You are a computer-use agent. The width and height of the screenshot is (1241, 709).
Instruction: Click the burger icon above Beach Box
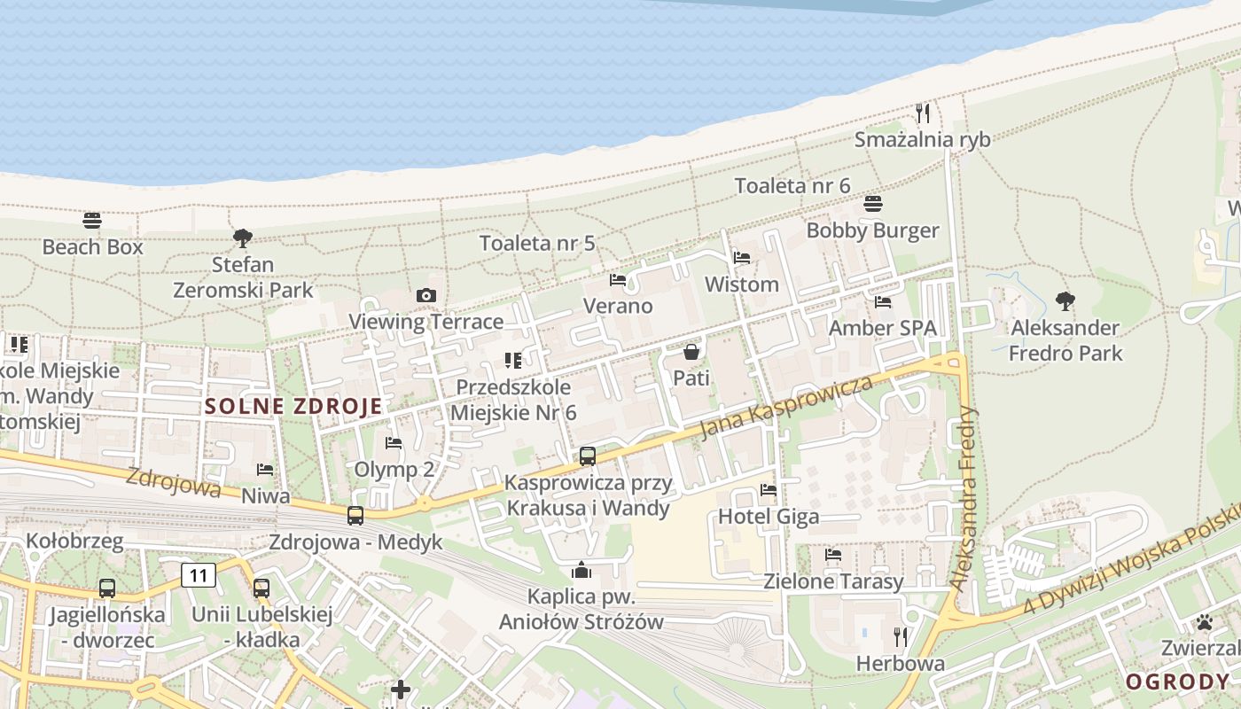92,220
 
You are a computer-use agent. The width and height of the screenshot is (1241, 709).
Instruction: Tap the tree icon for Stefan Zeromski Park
242,238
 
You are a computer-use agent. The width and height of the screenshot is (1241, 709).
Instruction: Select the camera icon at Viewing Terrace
426,295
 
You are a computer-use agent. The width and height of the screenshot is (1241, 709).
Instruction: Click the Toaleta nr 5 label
537,243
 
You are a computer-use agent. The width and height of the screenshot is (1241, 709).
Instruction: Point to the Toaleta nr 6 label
792,186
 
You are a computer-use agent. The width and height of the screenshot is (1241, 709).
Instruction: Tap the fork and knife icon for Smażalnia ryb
923,113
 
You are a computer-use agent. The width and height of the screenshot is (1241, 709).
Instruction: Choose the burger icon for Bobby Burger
873,204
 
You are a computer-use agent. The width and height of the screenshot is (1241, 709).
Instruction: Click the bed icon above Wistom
742,258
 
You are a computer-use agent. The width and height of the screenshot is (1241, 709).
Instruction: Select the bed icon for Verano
618,280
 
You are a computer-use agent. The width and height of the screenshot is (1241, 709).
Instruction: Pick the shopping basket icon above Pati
691,352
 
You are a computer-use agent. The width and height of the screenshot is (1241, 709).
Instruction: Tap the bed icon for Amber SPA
883,302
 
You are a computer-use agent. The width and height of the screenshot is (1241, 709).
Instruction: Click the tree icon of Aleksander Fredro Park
1065,301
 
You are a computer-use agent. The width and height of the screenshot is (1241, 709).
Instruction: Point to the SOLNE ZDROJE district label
293,407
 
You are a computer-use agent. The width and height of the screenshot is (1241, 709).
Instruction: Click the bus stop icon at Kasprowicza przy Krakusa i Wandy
588,456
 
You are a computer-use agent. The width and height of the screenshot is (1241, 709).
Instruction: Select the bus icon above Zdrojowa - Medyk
355,515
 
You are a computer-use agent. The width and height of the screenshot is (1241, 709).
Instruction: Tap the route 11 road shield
199,576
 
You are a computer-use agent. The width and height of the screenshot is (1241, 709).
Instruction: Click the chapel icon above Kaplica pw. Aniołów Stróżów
581,570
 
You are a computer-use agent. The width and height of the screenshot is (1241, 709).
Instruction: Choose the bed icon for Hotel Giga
769,489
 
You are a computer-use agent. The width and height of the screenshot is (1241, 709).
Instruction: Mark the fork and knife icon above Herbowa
901,636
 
